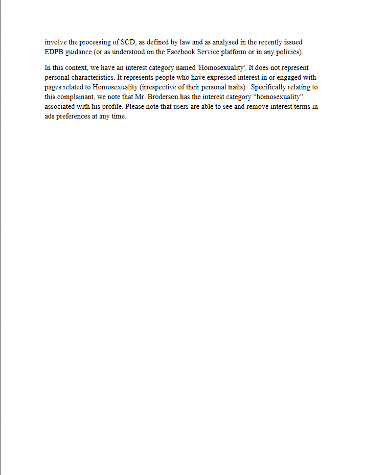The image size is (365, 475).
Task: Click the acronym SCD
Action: click(x=128, y=42)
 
